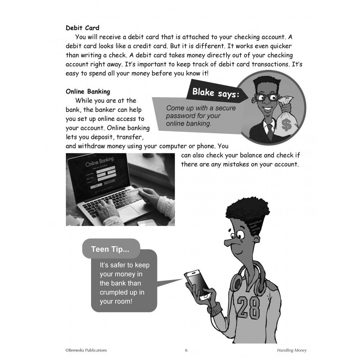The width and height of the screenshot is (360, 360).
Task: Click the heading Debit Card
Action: click(x=82, y=28)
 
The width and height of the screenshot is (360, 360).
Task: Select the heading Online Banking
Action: click(x=88, y=91)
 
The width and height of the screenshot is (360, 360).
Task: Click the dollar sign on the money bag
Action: click(x=287, y=125)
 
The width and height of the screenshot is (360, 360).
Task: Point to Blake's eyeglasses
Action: click(x=266, y=98)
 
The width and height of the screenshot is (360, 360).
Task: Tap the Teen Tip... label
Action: click(x=110, y=249)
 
